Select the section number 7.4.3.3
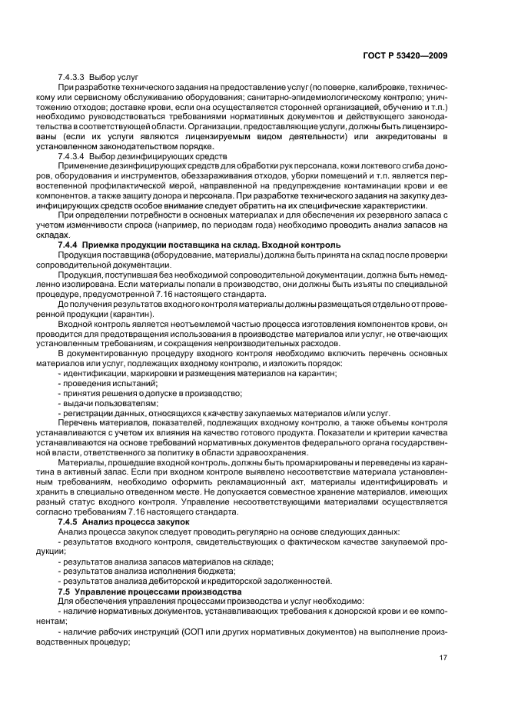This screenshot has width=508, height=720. [72, 78]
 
